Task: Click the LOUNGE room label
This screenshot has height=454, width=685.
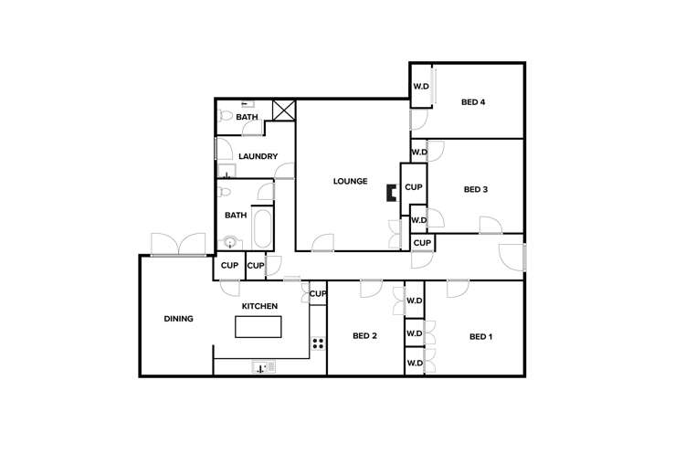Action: click(x=350, y=181)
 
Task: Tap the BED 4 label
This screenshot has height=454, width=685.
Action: click(x=472, y=102)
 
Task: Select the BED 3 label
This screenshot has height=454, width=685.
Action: click(x=475, y=190)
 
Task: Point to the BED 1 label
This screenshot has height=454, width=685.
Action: click(x=480, y=337)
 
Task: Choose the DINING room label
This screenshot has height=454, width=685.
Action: click(x=178, y=319)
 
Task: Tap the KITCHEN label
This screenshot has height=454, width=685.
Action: click(x=258, y=306)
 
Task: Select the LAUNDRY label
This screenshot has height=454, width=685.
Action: click(x=258, y=156)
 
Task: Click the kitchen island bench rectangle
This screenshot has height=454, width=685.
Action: click(x=258, y=326)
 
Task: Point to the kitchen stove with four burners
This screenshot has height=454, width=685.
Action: click(x=318, y=343)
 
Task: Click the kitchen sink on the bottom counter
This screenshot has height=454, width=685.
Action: click(x=263, y=367)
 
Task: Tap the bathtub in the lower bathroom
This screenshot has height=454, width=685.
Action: click(x=261, y=228)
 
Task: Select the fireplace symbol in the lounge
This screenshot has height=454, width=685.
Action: click(x=391, y=193)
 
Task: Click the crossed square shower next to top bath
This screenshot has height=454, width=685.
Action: click(x=284, y=111)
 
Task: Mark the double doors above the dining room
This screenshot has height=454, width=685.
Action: click(x=178, y=244)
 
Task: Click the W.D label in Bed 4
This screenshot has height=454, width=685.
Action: click(x=421, y=87)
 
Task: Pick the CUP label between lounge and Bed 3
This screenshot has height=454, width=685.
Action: click(x=413, y=187)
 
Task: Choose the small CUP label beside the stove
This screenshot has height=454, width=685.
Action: click(x=318, y=293)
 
